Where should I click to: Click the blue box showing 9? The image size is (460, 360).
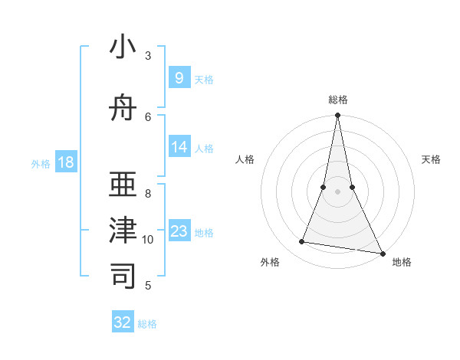(179, 78)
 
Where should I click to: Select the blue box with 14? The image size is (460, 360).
(179, 147)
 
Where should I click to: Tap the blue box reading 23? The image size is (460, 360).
(179, 231)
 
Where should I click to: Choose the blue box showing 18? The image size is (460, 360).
(66, 162)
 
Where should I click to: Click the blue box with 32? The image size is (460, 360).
(123, 322)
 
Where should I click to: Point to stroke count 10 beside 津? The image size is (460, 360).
(148, 240)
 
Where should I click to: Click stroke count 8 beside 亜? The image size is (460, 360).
(148, 193)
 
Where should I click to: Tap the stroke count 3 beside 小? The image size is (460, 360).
(148, 56)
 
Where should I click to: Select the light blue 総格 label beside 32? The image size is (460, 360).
(147, 324)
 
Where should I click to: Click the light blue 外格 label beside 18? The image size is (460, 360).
(41, 163)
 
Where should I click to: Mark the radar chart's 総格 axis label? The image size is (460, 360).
(337, 100)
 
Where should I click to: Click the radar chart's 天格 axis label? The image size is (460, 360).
(432, 159)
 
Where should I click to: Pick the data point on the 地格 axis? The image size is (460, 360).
(382, 252)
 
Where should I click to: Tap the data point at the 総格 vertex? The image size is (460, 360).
(337, 116)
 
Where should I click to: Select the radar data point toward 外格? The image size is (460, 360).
(302, 242)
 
